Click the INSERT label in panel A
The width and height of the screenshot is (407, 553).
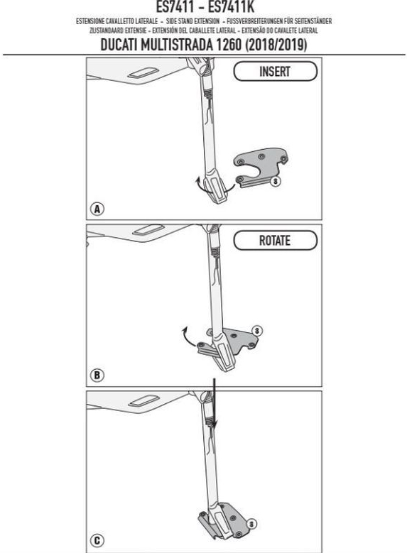(275, 72)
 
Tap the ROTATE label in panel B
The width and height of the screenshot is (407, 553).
(275, 241)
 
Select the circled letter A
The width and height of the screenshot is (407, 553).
(97, 209)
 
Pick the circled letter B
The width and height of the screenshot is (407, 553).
(97, 375)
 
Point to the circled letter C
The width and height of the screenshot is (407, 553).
(97, 540)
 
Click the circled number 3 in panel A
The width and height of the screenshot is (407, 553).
(275, 181)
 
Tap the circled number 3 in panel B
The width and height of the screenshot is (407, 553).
(257, 331)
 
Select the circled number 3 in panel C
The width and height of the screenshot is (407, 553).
(251, 524)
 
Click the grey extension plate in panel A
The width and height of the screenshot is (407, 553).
(261, 166)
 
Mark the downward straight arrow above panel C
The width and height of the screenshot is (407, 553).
(214, 403)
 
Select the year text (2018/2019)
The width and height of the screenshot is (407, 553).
(276, 45)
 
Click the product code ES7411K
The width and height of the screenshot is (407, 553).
(231, 6)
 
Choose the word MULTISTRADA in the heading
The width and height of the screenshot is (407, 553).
(176, 45)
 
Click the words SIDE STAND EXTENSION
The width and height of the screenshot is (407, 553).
(192, 21)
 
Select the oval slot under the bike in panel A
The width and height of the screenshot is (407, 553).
(143, 72)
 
